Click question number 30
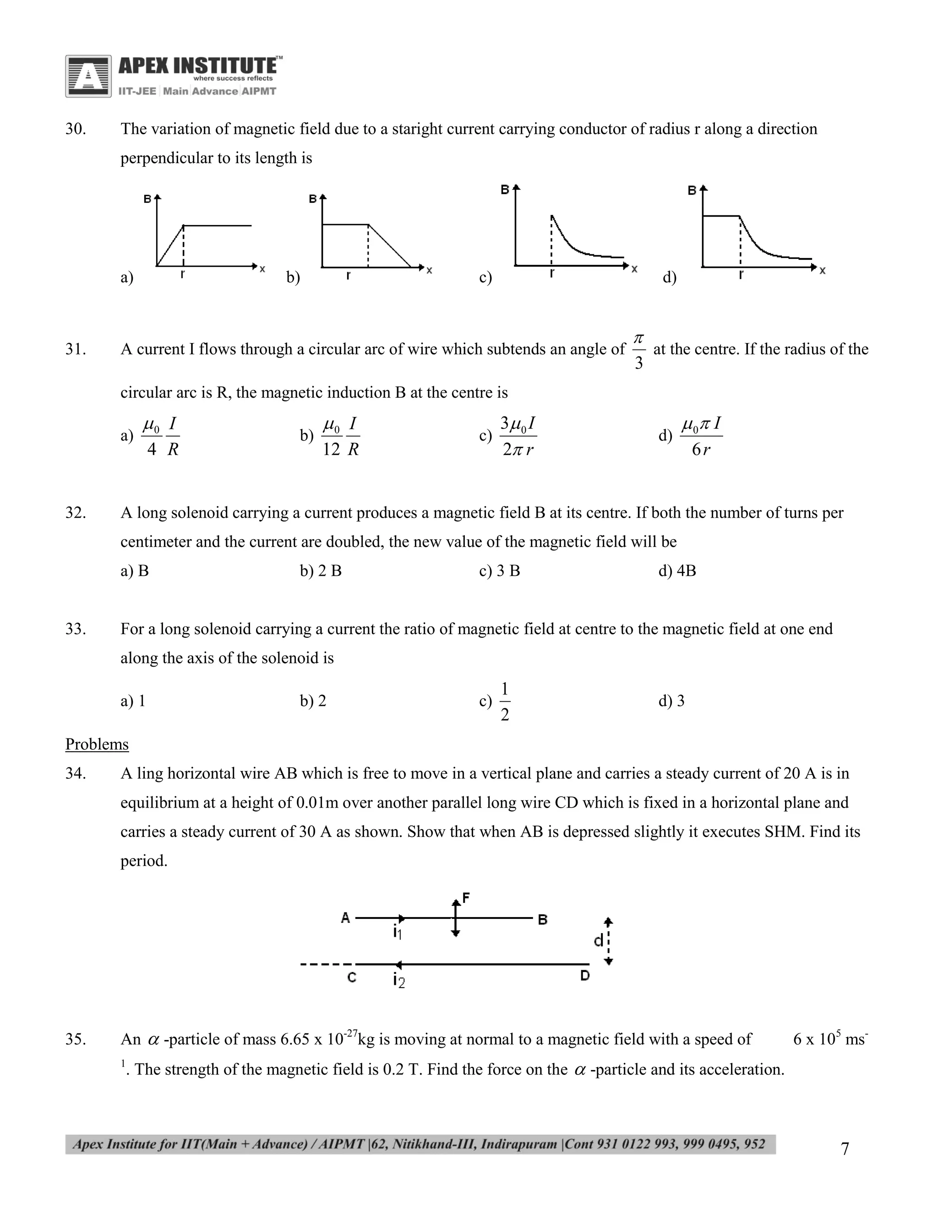point(76,129)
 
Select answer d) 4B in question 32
point(677,571)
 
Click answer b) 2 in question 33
point(313,701)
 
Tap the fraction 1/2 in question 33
point(505,701)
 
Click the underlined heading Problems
point(97,744)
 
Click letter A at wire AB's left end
point(345,918)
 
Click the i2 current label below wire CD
point(398,980)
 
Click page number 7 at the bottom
point(845,1148)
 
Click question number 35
point(76,1039)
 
